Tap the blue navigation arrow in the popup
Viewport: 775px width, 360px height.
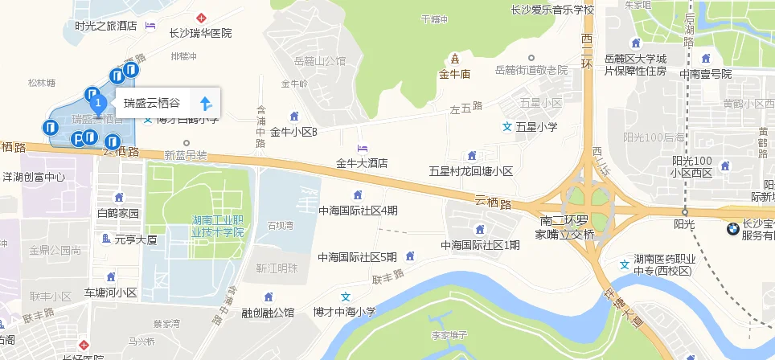click(x=205, y=104)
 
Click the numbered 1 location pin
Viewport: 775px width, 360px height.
click(x=98, y=104)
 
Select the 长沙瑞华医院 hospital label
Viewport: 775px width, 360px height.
click(x=200, y=34)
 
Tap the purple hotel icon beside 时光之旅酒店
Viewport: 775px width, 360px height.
click(x=150, y=26)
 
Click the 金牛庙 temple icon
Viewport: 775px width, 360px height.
click(x=455, y=59)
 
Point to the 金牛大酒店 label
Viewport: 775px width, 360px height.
click(x=362, y=163)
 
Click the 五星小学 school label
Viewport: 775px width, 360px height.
click(x=536, y=127)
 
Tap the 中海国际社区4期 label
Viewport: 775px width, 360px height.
click(x=358, y=211)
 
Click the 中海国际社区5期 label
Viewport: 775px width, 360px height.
click(x=357, y=257)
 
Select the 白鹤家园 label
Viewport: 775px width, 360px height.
click(x=118, y=214)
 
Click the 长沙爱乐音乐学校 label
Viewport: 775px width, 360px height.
click(x=552, y=10)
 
